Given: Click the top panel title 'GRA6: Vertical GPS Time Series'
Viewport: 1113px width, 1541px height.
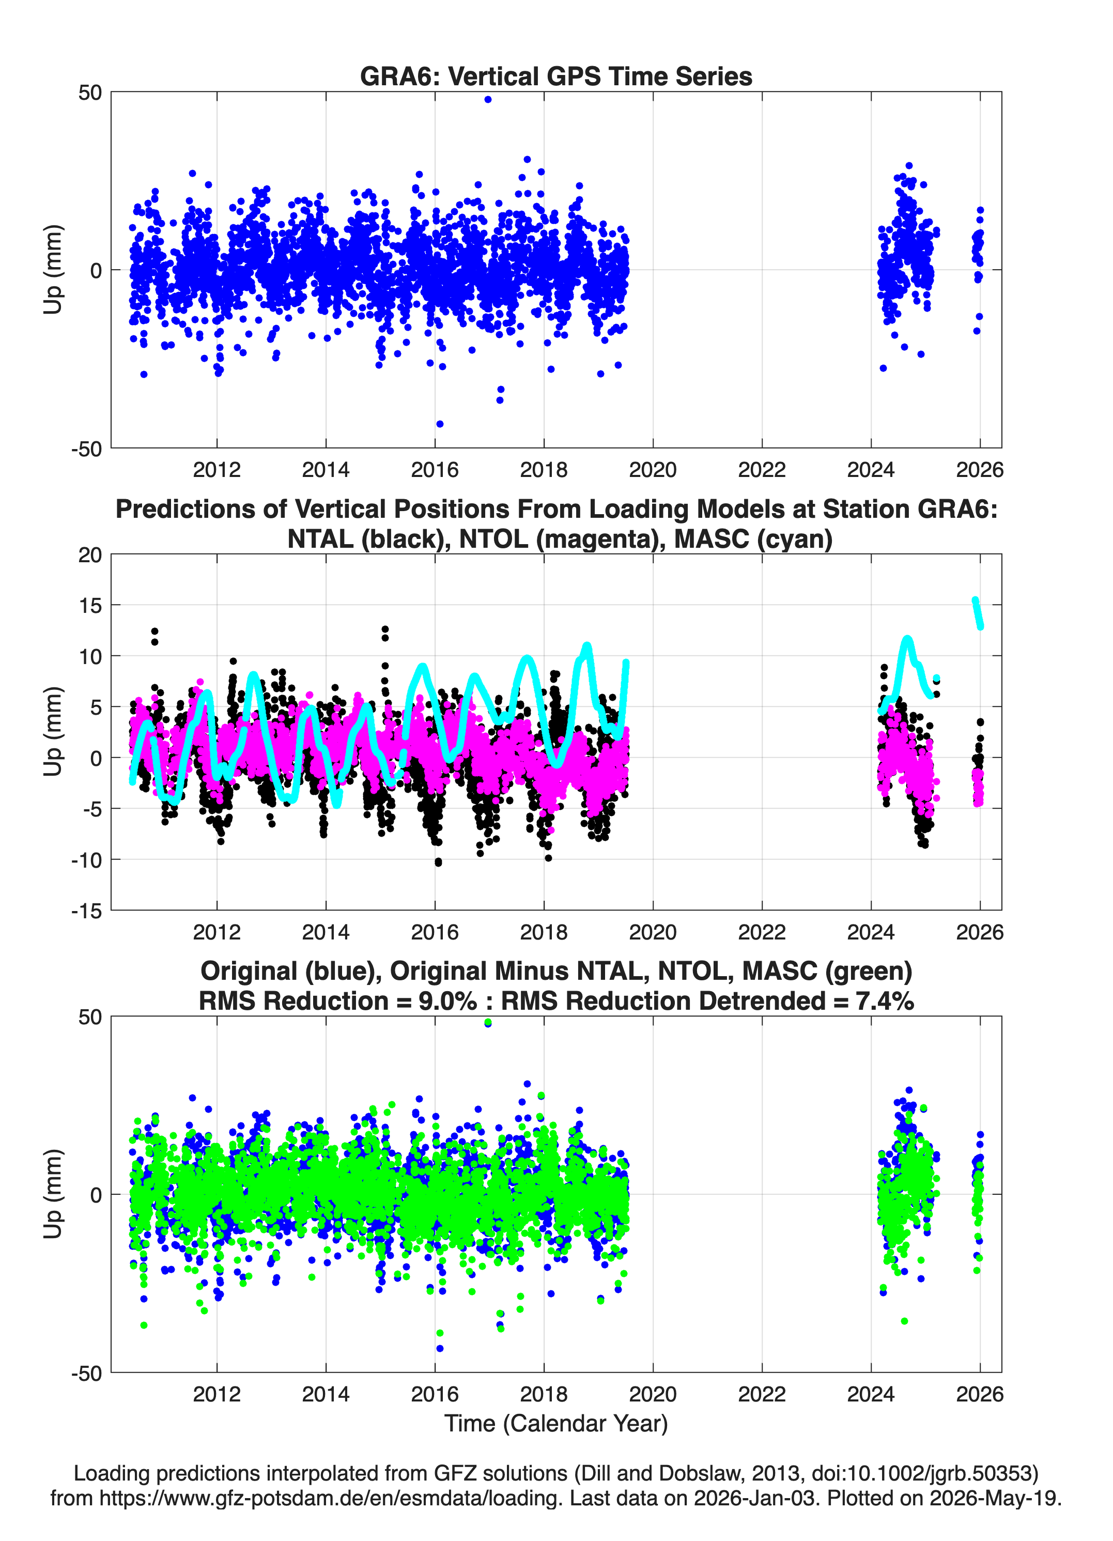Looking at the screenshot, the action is (556, 76).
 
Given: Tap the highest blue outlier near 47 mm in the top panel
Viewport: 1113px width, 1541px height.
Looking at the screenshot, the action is (488, 99).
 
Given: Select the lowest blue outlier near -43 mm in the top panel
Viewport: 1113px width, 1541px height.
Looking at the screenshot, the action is (440, 424).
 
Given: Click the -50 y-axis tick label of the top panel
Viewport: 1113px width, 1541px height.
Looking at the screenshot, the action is (86, 449).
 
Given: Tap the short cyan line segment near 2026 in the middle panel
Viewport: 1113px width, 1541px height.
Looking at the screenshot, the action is (978, 613).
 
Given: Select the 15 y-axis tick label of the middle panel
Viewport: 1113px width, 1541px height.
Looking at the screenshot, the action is (90, 605).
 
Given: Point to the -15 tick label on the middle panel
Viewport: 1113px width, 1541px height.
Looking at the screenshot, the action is (86, 911).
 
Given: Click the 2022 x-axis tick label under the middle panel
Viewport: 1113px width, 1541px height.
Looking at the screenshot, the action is (762, 932).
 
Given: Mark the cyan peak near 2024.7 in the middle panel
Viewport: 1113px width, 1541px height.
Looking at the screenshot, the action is (908, 639).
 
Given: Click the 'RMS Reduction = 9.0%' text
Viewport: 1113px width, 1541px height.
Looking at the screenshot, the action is (338, 1001).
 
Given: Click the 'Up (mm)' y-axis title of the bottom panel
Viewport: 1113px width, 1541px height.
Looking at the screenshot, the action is (53, 1194).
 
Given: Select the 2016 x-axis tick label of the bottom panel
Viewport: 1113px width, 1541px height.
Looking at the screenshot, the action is (435, 1394).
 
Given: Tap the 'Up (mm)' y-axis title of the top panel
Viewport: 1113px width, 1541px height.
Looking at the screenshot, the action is (53, 270).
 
